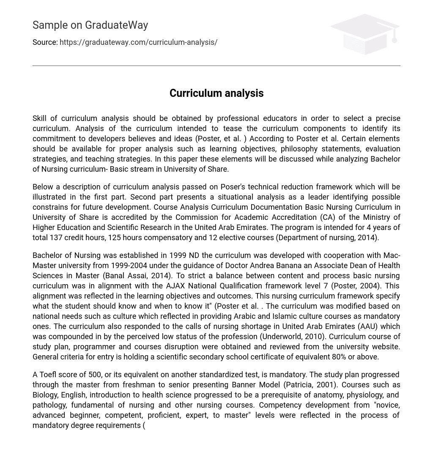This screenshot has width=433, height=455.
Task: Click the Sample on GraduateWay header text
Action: (90, 25)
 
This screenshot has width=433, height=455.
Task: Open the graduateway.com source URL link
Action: (138, 42)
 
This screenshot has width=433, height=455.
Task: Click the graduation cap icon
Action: (364, 34)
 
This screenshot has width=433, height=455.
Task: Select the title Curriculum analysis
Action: (216, 93)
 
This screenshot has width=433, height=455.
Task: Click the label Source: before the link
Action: (45, 42)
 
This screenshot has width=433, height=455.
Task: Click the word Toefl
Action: (48, 375)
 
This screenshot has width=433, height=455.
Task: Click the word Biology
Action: (44, 395)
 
